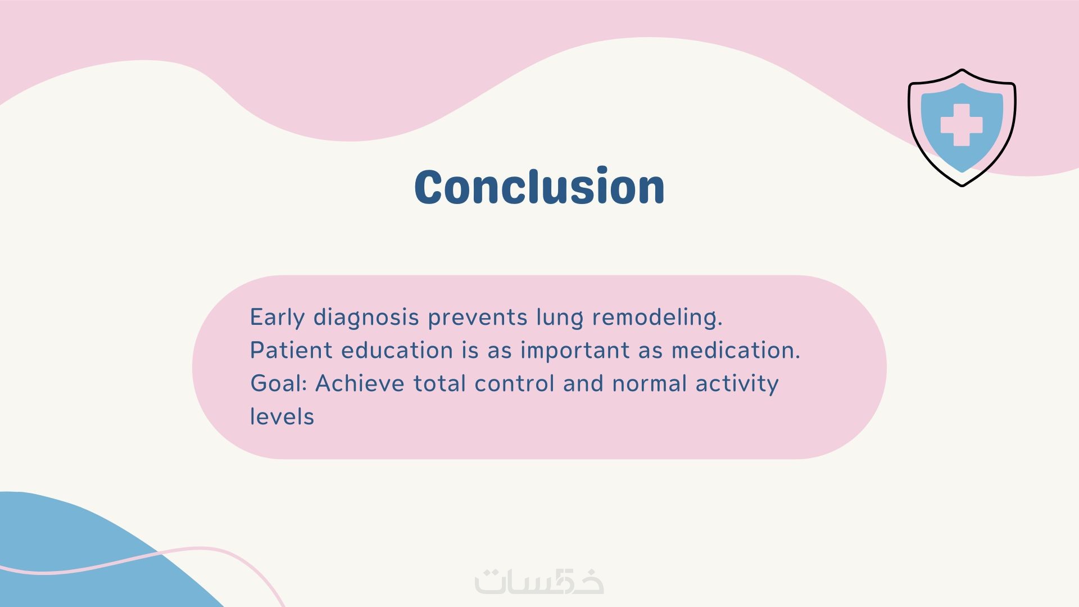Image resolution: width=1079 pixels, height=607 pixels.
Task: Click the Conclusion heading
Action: pos(539,186)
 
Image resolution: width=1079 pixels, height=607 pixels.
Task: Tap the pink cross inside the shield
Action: pos(962,125)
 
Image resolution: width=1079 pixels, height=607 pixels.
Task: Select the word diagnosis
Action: pos(366,318)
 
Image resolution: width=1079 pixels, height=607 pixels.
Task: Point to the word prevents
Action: pos(478,318)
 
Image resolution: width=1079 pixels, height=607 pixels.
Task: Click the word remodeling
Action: pos(658,318)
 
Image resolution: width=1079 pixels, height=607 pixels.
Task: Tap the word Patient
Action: pos(292,350)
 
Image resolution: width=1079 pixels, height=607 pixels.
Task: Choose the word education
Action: pos(397,350)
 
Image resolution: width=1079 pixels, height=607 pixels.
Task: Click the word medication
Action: pos(736,350)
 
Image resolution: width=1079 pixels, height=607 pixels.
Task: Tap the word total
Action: pos(440,383)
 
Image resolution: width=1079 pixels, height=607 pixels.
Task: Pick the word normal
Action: pos(650,383)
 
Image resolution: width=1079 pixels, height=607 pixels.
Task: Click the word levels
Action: pos(282,416)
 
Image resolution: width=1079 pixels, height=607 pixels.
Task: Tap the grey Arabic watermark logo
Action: pos(539,581)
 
